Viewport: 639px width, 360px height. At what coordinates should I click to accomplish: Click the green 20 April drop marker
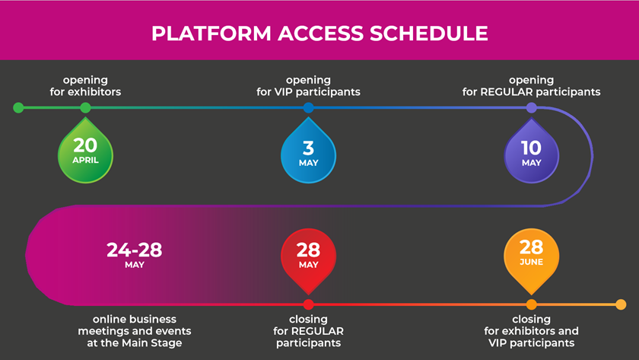point(85,151)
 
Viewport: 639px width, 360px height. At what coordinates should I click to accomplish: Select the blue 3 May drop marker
point(308,151)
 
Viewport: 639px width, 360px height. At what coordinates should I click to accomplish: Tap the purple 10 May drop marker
point(532,151)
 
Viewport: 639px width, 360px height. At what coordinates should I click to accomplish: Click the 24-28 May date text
point(135,256)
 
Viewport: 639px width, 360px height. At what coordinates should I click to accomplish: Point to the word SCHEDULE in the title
point(429,33)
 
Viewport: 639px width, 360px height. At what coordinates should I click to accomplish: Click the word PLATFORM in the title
point(211,33)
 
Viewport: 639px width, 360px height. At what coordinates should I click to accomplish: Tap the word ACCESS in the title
point(320,33)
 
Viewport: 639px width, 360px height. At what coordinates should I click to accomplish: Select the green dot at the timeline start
point(18,107)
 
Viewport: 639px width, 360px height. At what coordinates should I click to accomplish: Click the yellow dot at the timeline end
point(621,304)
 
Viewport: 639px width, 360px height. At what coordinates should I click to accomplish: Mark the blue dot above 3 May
point(309,107)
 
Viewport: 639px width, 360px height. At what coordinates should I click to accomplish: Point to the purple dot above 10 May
point(532,107)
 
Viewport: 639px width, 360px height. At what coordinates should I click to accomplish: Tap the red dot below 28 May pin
point(309,304)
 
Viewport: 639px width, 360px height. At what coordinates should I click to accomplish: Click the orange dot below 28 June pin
point(532,304)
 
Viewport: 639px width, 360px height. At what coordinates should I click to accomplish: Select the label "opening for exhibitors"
point(85,86)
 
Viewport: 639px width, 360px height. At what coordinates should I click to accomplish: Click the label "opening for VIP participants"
point(308,86)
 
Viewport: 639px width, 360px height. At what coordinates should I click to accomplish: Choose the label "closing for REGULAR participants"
point(309,331)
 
